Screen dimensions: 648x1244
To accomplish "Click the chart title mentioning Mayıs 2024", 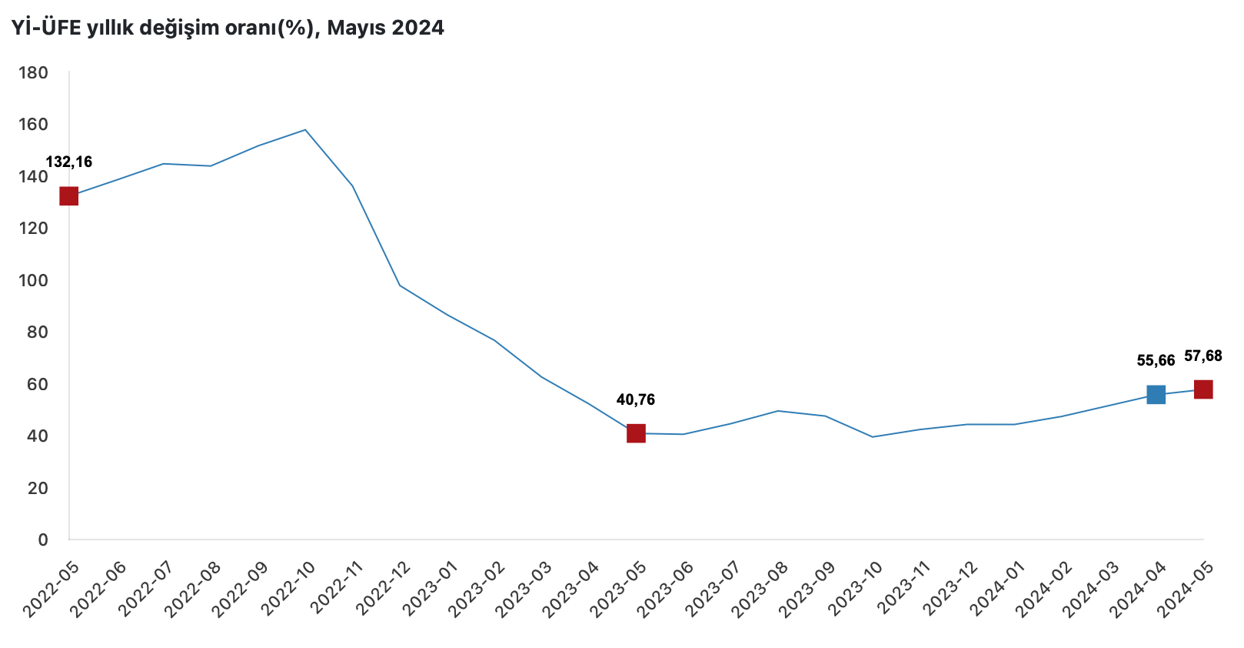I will pos(228,28).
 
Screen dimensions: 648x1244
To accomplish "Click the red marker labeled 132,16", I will pos(68,196).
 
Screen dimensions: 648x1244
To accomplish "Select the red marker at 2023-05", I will pos(636,433).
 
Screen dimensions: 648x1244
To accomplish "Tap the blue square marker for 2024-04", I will pos(1156,395).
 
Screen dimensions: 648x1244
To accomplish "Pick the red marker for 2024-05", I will pos(1203,389).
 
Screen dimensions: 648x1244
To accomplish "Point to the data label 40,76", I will pos(636,399).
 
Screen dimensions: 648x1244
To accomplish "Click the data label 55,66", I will pos(1156,360).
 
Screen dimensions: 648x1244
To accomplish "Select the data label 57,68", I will pos(1203,356).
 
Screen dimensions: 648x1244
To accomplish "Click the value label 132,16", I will pos(69,162).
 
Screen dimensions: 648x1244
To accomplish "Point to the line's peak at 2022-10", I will pos(305,130).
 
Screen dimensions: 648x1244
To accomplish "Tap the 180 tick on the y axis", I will pos(32,73).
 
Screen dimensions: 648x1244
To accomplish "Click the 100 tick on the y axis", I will pos(32,280).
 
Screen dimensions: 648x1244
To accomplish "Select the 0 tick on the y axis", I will pos(43,539).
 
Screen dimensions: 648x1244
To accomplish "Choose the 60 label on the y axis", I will pos(37,384).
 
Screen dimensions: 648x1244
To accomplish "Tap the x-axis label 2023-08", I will pos(761,589).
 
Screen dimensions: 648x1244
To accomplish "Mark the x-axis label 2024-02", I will pos(1044,589).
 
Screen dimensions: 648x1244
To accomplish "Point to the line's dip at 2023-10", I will pos(872,437).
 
